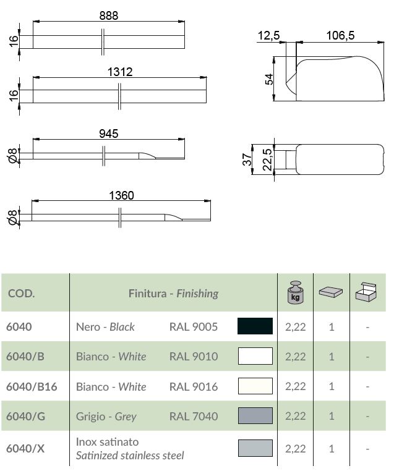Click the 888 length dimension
(109, 16)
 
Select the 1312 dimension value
(119, 72)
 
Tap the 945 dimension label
(108, 133)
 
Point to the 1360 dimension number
(121, 195)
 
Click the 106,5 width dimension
(340, 36)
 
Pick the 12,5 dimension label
(268, 36)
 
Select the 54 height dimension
(269, 79)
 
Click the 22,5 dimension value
(267, 161)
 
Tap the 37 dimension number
(247, 159)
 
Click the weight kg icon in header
(296, 292)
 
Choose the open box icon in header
(367, 292)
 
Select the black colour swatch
(255, 326)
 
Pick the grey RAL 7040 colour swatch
(255, 416)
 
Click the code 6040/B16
(32, 387)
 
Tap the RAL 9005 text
(194, 327)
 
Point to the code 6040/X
(25, 449)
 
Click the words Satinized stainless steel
(130, 456)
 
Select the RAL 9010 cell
(194, 357)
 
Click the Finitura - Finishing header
(173, 293)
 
